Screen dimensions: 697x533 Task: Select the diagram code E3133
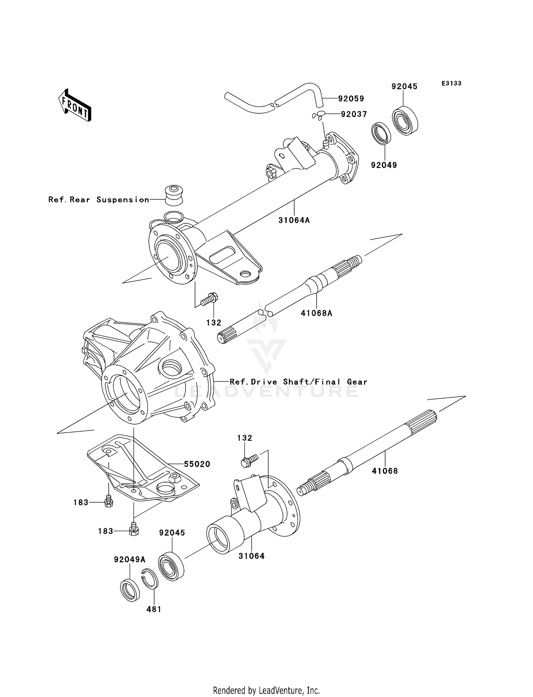(x=451, y=83)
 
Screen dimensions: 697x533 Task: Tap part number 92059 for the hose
(x=351, y=99)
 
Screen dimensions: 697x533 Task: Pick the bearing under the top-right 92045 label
(x=405, y=120)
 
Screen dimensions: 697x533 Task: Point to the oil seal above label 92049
(x=381, y=134)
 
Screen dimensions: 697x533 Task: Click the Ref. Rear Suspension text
(x=99, y=200)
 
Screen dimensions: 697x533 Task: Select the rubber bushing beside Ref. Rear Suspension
(x=174, y=195)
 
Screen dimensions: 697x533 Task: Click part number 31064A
(x=294, y=220)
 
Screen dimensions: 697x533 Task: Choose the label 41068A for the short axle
(x=316, y=313)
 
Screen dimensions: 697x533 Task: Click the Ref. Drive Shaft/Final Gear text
(x=298, y=382)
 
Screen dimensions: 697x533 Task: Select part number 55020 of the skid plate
(x=197, y=464)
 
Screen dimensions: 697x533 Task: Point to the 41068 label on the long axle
(x=385, y=471)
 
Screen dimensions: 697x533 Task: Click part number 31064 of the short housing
(x=251, y=556)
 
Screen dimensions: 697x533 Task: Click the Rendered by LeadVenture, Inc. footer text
(x=266, y=690)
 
